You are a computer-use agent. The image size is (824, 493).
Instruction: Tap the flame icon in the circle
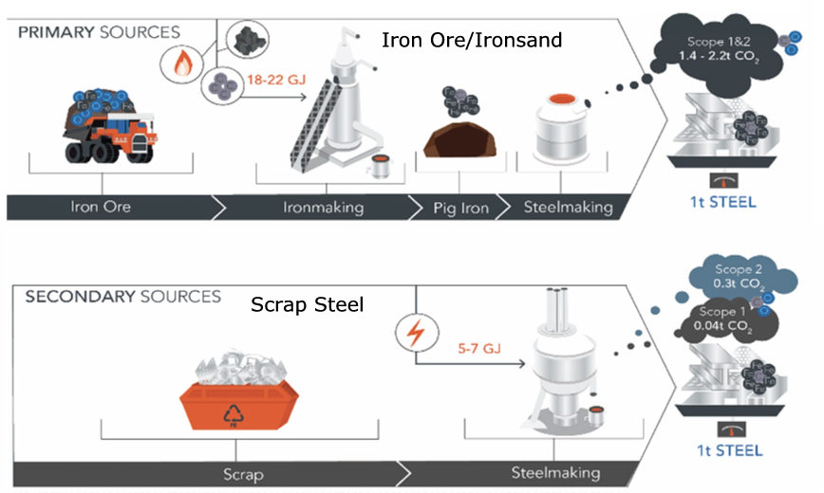(181, 64)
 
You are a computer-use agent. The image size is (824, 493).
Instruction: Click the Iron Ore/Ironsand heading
(472, 41)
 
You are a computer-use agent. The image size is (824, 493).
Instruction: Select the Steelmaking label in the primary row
(569, 207)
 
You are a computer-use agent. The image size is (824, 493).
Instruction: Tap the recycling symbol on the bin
(234, 413)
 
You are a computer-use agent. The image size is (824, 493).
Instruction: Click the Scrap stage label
(245, 472)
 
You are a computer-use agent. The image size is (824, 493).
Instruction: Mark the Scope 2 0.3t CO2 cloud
(744, 276)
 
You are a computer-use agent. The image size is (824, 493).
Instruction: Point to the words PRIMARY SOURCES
(99, 32)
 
